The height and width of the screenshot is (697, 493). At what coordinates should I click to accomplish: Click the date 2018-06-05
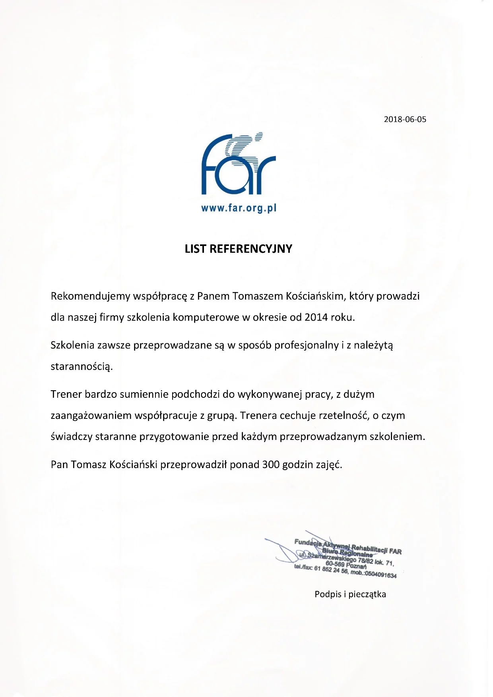[405, 119]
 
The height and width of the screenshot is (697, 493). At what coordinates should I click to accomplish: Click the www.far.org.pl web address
[239, 208]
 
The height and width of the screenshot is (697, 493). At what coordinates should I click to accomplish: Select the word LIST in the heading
[195, 249]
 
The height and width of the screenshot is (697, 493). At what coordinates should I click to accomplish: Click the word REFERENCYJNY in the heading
[250, 249]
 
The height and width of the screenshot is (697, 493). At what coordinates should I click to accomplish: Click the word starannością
[82, 366]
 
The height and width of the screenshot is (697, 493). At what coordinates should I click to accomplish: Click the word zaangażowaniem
[91, 416]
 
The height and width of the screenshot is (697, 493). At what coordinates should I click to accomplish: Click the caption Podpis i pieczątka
[350, 594]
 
